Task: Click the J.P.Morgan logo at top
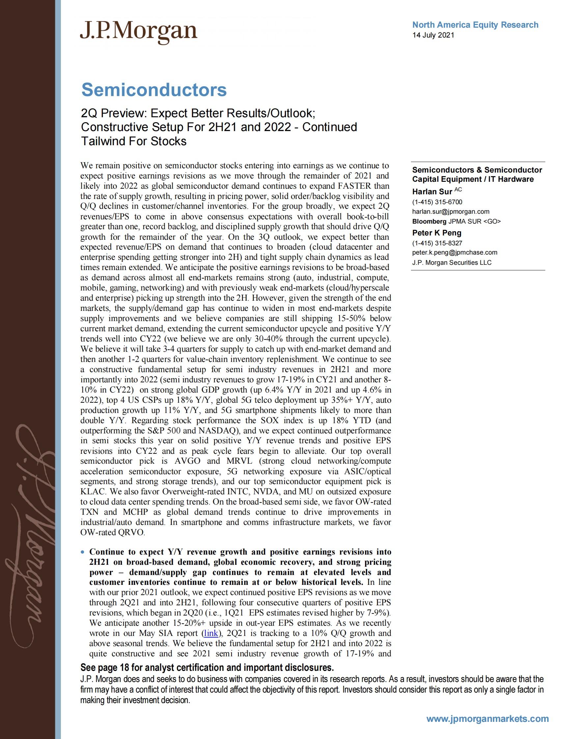(138, 32)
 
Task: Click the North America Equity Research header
(475, 25)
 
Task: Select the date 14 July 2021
(433, 35)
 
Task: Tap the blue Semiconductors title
(154, 90)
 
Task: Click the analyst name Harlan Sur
(432, 192)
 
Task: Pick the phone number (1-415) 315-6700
(437, 202)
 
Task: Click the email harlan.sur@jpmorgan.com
(450, 211)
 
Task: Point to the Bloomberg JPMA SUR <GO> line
(456, 221)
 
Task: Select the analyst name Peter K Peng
(437, 233)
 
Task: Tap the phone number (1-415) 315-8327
(437, 243)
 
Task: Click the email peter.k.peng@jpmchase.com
(455, 252)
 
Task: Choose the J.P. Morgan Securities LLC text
(451, 262)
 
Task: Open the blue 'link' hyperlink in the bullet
(211, 633)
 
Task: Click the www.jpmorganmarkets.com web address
(487, 718)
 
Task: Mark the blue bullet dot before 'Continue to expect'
(83, 552)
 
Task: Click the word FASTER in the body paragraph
(354, 186)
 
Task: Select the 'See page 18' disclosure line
(207, 667)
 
